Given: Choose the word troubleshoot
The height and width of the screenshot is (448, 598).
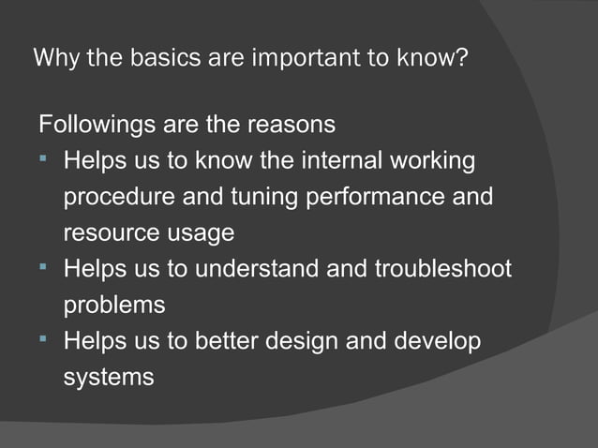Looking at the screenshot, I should pos(443,269).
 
